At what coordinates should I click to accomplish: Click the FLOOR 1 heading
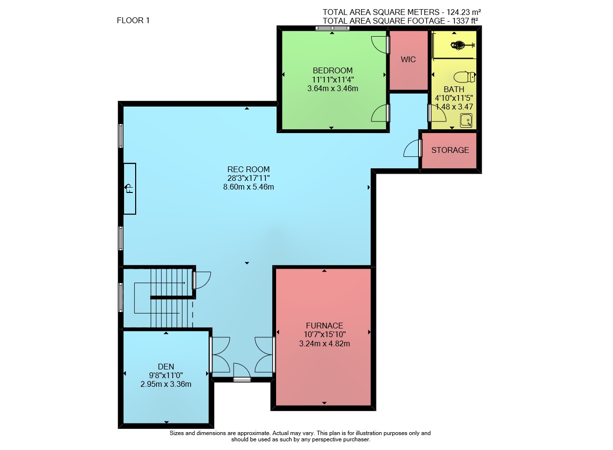pos(133,21)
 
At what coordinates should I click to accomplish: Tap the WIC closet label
pos(408,60)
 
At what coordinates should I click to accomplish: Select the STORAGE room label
pos(450,150)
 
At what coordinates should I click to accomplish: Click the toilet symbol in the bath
pos(464,77)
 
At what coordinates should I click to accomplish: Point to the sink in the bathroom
pos(466,121)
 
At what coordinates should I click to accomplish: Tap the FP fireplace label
pos(130,188)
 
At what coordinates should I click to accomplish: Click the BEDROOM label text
pos(333,70)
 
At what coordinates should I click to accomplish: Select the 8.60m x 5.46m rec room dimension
pos(249,187)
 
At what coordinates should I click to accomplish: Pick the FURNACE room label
pos(324,326)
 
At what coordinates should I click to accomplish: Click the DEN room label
pos(166,367)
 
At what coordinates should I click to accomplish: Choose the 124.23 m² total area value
pos(463,12)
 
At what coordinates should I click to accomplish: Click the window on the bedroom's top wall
pos(332,28)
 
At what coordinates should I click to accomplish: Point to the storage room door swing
pos(411,148)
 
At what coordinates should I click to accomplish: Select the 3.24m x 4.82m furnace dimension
pos(324,344)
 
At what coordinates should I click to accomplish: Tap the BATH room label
pos(454,89)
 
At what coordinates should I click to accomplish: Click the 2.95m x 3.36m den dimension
pos(166,384)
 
